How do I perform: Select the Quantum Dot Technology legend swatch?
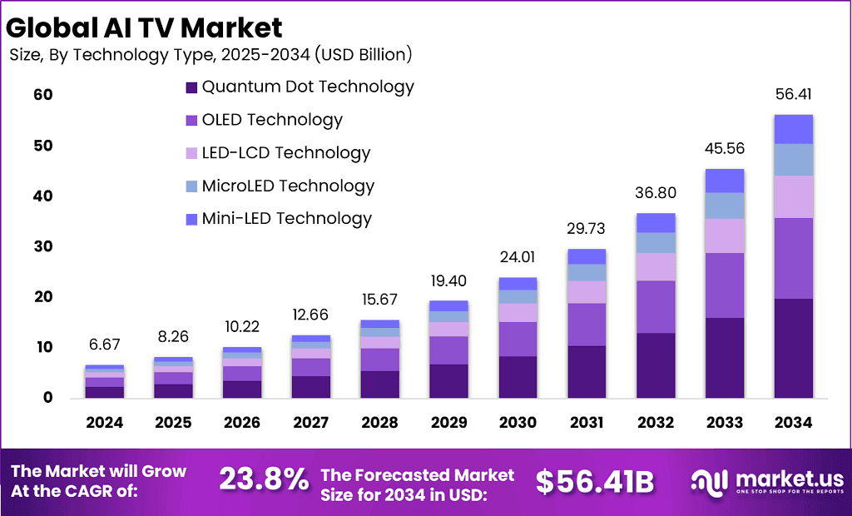(x=191, y=87)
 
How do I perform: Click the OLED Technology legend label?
(x=272, y=120)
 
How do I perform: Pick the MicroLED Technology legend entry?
(x=288, y=186)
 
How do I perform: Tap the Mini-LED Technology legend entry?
(x=286, y=219)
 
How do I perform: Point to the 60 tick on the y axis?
(x=43, y=95)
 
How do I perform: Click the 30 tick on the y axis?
(x=43, y=246)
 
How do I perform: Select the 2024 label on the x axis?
(x=104, y=423)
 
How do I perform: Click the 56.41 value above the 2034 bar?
(x=793, y=95)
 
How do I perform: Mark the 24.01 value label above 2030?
(x=518, y=258)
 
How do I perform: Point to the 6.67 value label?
(x=104, y=345)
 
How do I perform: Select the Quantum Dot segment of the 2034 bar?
(x=793, y=348)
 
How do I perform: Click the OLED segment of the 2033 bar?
(x=725, y=285)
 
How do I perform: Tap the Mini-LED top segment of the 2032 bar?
(x=656, y=222)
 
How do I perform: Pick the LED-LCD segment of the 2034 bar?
(x=793, y=196)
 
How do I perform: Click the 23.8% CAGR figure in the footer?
(x=262, y=480)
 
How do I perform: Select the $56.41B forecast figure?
(x=594, y=480)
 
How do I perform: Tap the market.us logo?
(x=766, y=481)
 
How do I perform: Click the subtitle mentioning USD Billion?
(x=211, y=56)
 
